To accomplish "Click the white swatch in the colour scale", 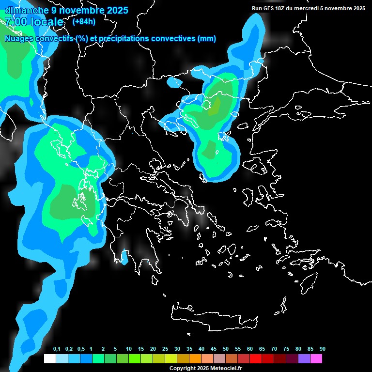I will (x=50, y=359).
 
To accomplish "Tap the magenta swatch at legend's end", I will (x=316, y=359).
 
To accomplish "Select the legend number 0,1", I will (x=57, y=349).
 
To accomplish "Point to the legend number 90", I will (x=322, y=349).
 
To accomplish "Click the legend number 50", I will (x=226, y=349).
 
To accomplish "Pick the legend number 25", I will (x=165, y=349).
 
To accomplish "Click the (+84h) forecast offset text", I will (x=84, y=21).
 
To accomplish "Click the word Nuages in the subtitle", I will (x=18, y=39).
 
